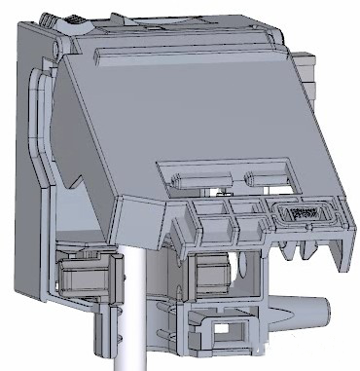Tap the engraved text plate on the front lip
coord(304,209)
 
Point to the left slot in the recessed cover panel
coord(199,177)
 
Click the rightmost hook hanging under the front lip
coord(312,251)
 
